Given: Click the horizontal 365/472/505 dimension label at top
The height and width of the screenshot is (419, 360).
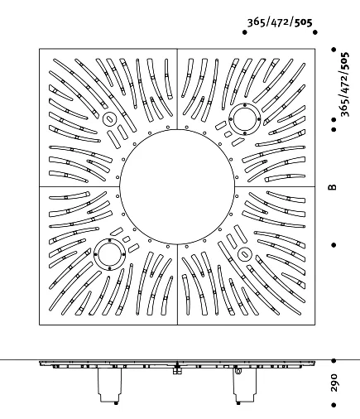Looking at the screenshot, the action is pyautogui.click(x=280, y=22).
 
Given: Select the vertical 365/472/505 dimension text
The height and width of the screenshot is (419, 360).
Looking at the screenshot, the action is pyautogui.click(x=344, y=84).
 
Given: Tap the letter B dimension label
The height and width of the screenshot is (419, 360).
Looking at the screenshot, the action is pyautogui.click(x=333, y=187).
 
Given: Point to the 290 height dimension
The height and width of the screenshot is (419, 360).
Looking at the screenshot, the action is pyautogui.click(x=334, y=383).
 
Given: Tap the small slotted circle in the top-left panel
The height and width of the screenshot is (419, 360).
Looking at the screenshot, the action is pyautogui.click(x=109, y=119).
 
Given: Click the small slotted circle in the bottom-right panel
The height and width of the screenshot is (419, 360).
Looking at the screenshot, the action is pyautogui.click(x=244, y=254).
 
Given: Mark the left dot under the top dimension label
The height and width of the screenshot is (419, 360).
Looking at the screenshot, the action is pyautogui.click(x=244, y=32).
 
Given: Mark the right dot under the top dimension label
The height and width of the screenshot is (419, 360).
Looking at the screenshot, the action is pyautogui.click(x=315, y=32).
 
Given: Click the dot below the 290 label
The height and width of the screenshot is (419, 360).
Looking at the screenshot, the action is pyautogui.click(x=334, y=405).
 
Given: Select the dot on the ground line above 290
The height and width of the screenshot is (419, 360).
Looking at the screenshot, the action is pyautogui.click(x=334, y=360).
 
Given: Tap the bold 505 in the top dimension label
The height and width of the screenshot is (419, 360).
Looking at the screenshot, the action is pyautogui.click(x=303, y=22).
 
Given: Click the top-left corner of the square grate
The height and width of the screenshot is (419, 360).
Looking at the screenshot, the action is pyautogui.click(x=40, y=49).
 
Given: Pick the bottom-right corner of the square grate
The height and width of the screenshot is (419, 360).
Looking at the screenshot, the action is pyautogui.click(x=315, y=325).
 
